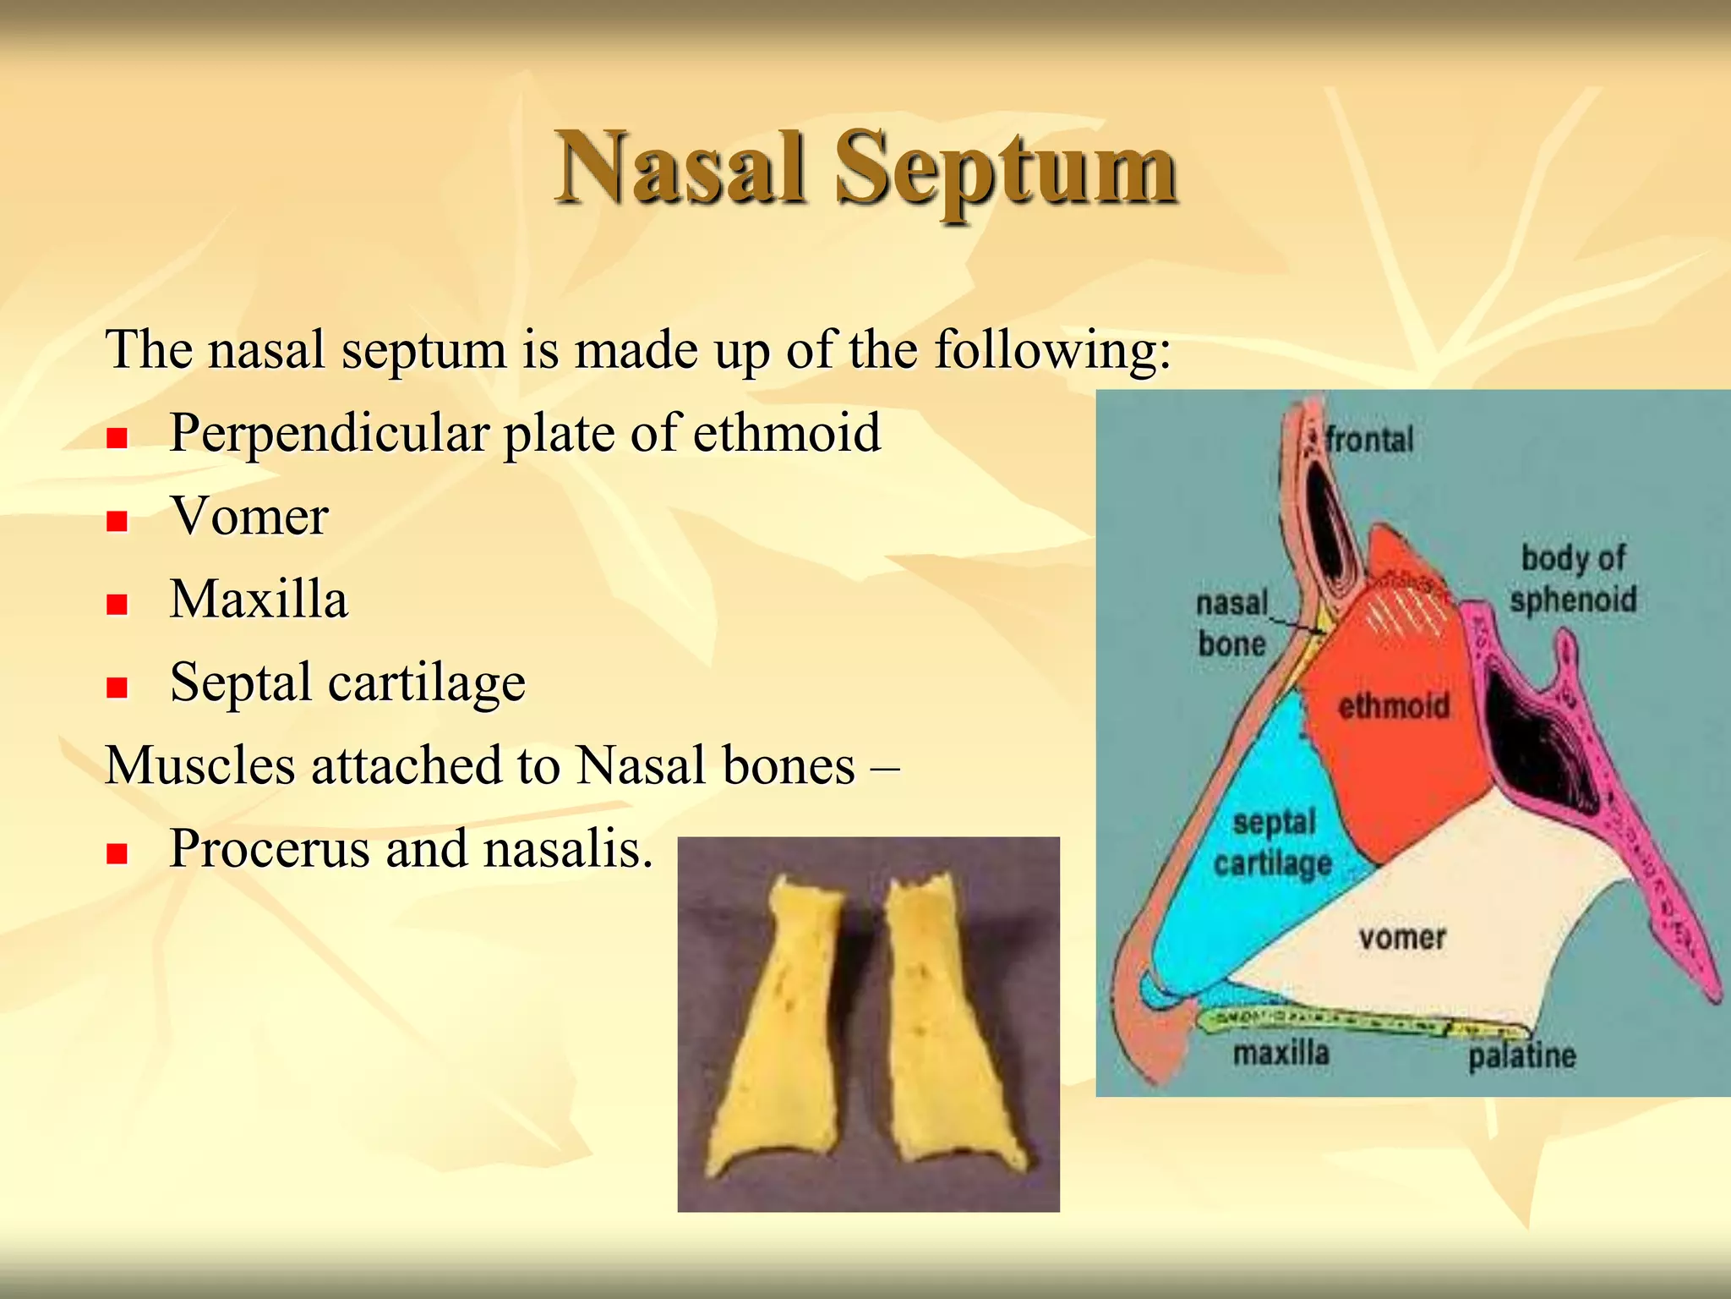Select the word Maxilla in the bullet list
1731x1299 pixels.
[x=259, y=600]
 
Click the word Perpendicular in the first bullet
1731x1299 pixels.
[x=329, y=434]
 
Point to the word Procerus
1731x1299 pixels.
[x=269, y=848]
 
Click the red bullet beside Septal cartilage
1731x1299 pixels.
[x=117, y=687]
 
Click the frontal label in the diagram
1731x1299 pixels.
[x=1368, y=440]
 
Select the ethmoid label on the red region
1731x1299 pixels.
[x=1393, y=705]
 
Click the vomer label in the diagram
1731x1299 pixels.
[x=1401, y=937]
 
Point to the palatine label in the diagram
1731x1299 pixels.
[x=1521, y=1055]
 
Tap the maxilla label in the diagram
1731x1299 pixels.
[x=1281, y=1053]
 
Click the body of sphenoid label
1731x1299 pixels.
[x=1573, y=578]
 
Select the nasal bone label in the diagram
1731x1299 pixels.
[x=1231, y=623]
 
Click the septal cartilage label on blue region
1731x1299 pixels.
[x=1273, y=842]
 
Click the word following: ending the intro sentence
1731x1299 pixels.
[x=1052, y=350]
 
